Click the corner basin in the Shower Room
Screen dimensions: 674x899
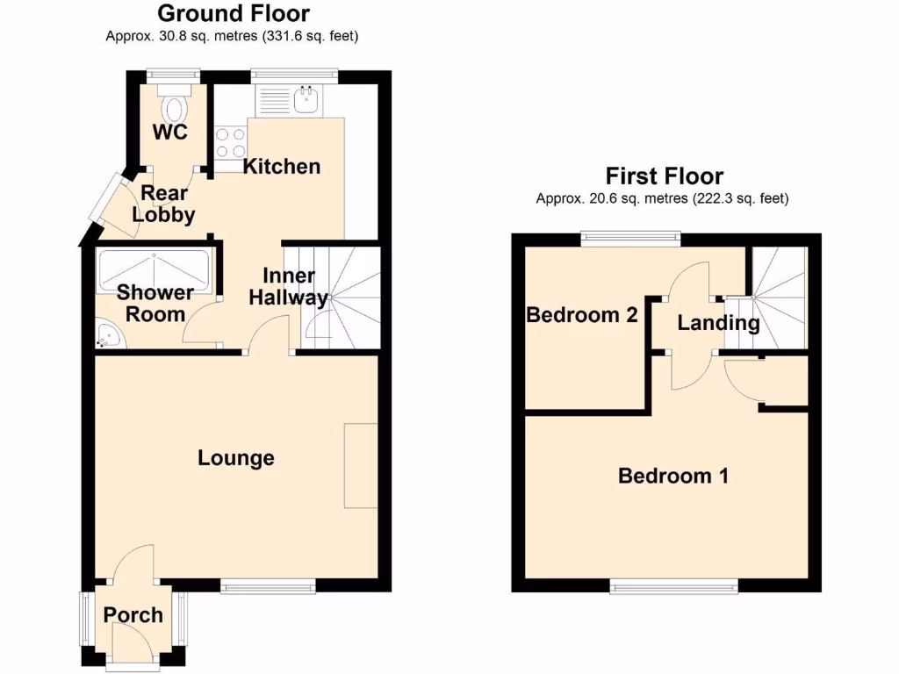pos(109,334)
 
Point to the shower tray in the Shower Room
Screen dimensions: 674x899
pos(155,271)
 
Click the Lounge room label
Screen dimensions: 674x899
pos(235,458)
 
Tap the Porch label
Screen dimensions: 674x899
pos(133,615)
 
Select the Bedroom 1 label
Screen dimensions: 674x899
pos(673,477)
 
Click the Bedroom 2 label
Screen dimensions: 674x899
pos(581,315)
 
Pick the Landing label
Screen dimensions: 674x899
pos(718,323)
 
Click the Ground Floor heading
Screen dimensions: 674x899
pos(233,14)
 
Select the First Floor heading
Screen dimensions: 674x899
pos(664,176)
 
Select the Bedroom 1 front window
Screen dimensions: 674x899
pos(675,586)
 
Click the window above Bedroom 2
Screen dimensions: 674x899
pos(629,235)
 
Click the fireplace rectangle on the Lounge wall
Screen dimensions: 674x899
pos(360,466)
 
